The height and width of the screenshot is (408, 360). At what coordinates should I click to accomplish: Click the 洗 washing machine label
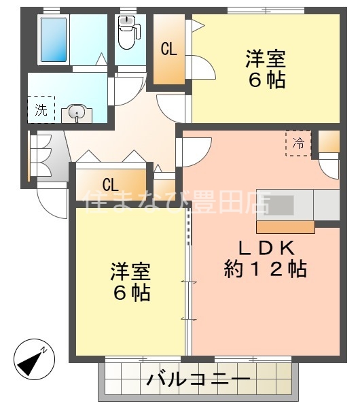[x=41, y=109]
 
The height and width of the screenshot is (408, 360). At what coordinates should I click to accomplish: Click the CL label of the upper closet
[x=169, y=49]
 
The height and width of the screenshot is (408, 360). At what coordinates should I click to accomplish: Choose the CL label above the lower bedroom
[x=111, y=184]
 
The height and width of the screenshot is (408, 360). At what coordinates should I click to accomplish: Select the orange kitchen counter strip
[x=285, y=226]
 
